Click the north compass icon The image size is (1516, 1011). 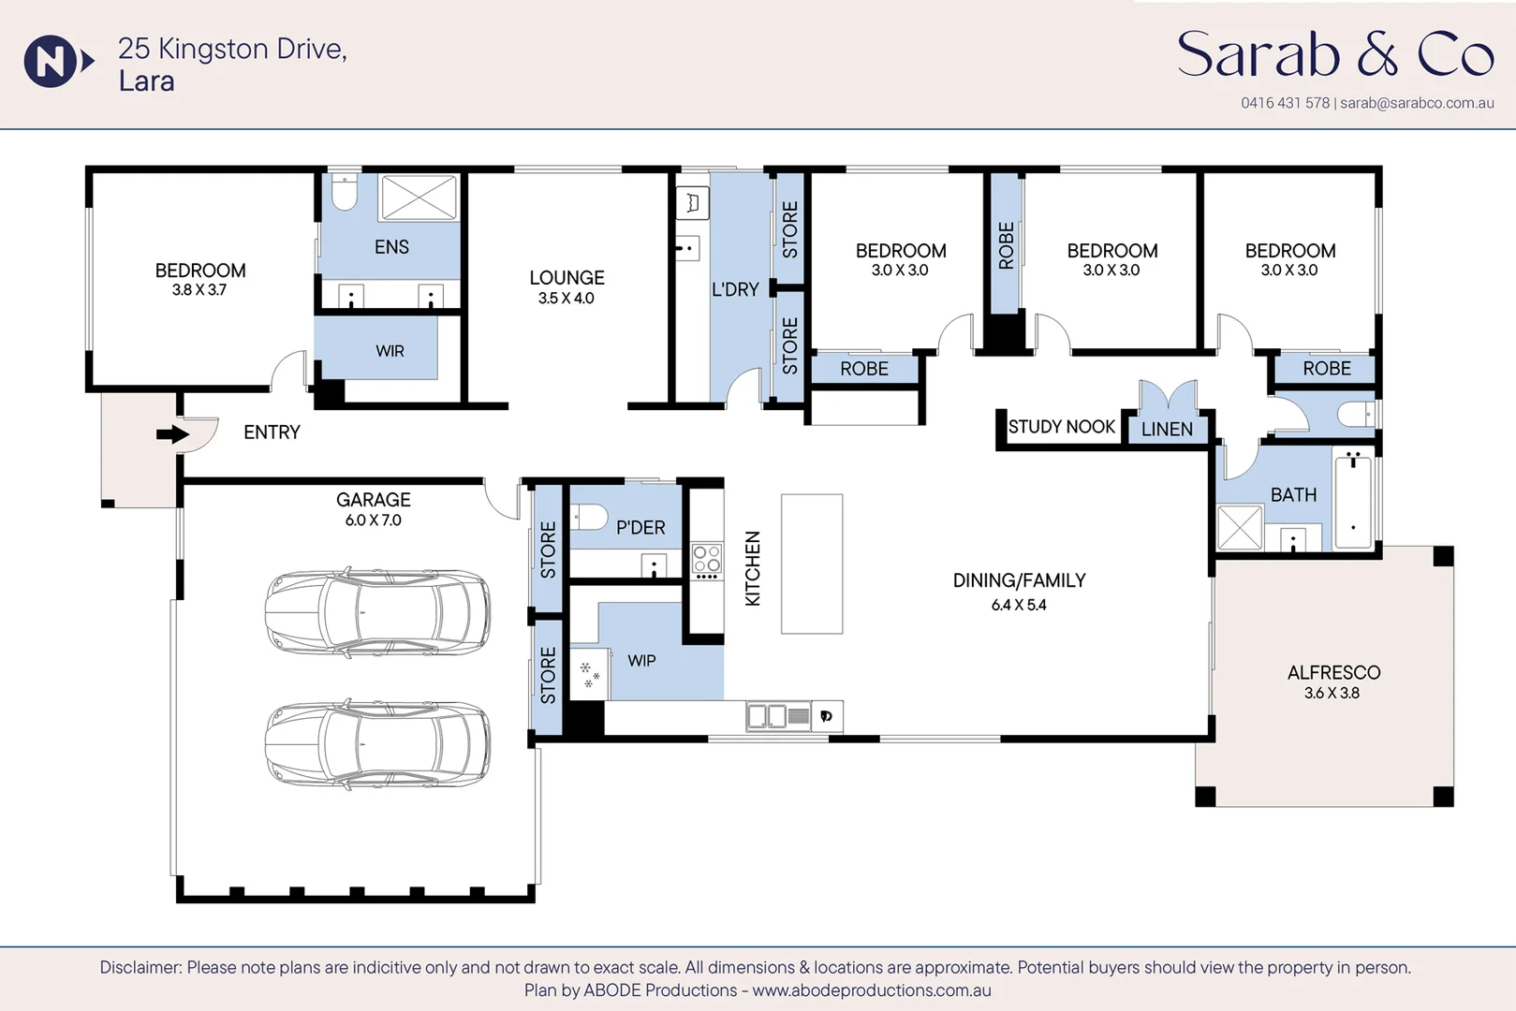click(57, 62)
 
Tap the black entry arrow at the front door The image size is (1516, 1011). click(172, 433)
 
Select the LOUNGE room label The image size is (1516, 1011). click(567, 277)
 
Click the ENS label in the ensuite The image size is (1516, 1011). click(391, 247)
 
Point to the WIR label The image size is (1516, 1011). click(390, 351)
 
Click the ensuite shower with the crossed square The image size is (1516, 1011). click(419, 198)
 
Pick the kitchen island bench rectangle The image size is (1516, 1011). click(812, 564)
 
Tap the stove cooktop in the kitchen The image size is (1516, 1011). click(707, 561)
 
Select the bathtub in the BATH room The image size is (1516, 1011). click(1354, 501)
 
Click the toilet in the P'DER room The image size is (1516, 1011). click(588, 517)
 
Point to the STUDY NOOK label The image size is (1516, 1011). click(1061, 427)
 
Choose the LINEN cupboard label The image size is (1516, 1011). click(1167, 429)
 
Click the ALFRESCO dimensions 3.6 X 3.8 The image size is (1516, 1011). click(1332, 693)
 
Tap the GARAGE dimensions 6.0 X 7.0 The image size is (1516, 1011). click(374, 520)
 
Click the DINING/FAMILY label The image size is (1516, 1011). click(1019, 580)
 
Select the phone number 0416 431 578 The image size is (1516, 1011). click(1286, 103)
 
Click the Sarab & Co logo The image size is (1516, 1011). click(1334, 54)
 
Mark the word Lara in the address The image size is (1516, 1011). click(147, 81)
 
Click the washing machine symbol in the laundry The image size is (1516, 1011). click(692, 202)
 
